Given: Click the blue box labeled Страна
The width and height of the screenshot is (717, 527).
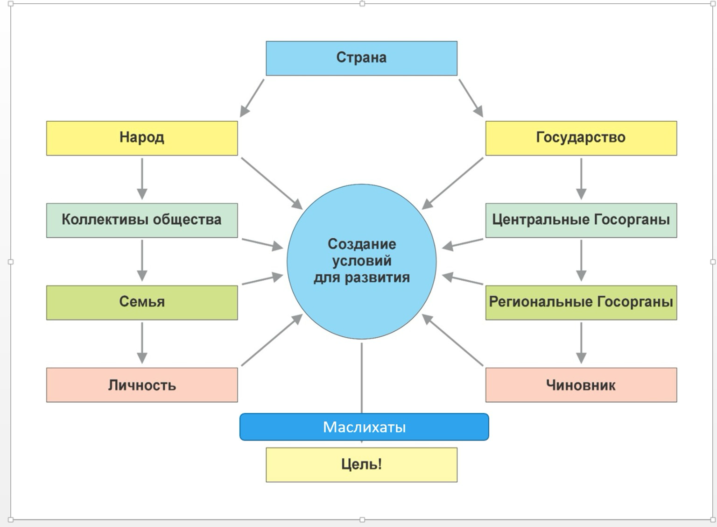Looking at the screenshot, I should (361, 58).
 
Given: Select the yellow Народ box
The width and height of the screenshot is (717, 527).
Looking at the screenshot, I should (142, 138).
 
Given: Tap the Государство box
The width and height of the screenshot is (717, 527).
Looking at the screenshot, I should (581, 138).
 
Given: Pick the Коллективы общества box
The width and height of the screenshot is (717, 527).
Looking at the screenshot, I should (142, 220).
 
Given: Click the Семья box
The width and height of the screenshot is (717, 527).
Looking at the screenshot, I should (142, 302).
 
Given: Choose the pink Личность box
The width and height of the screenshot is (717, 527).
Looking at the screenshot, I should (142, 385).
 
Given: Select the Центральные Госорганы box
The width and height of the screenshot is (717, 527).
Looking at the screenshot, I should (581, 220).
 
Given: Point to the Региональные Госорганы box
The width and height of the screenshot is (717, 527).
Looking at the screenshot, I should (581, 302).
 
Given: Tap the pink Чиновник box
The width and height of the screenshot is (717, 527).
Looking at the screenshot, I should (581, 385).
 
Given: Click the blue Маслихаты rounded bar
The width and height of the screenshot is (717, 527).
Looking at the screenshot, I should (364, 427).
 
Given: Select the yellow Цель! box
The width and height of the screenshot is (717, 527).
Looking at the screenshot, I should (361, 465).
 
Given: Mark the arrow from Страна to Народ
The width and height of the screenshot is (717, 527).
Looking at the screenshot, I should (252, 98).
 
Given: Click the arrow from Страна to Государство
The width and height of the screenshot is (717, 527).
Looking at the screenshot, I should (471, 98).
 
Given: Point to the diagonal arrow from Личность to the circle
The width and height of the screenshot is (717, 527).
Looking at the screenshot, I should (272, 340).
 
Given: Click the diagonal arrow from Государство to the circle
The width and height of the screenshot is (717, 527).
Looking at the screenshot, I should (453, 183).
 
